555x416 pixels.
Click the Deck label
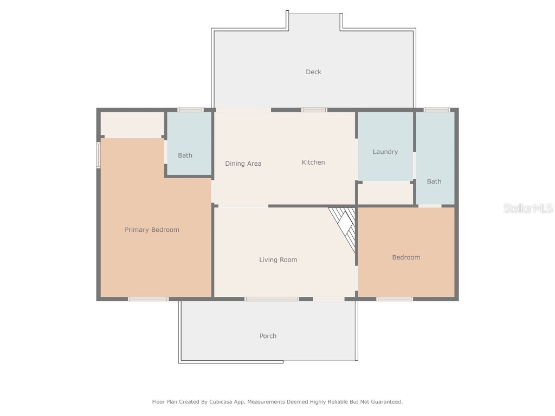(313, 72)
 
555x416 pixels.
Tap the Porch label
(268, 336)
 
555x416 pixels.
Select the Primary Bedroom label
(152, 230)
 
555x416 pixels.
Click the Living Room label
(278, 260)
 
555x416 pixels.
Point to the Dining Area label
(243, 164)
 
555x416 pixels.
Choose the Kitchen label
(313, 162)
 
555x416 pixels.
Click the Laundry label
(385, 152)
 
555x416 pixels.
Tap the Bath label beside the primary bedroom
(185, 155)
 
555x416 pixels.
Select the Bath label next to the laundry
(434, 181)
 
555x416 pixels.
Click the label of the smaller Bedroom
(406, 257)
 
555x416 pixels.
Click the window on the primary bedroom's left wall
(99, 155)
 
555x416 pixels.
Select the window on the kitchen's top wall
(314, 110)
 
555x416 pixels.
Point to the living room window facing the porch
(272, 299)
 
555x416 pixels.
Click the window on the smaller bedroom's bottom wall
(395, 299)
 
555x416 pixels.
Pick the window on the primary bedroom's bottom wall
(148, 299)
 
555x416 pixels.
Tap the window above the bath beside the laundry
(437, 110)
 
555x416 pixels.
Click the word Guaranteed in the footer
(384, 402)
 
